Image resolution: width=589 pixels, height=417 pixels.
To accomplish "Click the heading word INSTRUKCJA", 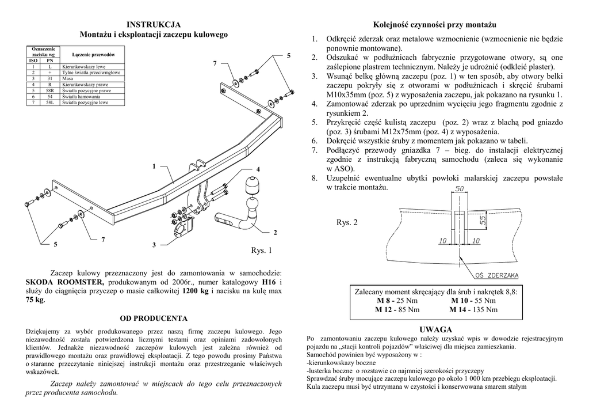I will click(154, 24).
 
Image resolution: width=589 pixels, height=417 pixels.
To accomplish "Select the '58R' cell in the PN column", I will click(50, 90).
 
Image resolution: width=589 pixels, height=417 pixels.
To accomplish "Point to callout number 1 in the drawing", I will click(154, 166).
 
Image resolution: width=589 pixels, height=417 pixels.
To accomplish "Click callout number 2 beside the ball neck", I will click(276, 232).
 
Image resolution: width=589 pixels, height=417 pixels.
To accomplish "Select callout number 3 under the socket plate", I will click(154, 245).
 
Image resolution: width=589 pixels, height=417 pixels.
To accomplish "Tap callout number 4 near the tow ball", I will click(258, 169).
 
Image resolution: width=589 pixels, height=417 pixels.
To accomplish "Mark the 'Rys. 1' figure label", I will click(261, 251).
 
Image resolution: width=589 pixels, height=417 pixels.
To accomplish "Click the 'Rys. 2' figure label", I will click(347, 222).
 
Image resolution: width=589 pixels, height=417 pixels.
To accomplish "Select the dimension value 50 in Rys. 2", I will click(460, 189).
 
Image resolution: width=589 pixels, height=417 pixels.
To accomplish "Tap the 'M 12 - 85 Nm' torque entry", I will click(397, 310).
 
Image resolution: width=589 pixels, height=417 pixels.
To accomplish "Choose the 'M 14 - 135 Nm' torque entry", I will click(475, 310).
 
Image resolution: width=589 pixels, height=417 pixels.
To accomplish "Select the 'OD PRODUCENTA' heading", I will click(154, 318).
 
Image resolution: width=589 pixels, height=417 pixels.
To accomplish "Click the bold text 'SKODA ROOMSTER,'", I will click(65, 282).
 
